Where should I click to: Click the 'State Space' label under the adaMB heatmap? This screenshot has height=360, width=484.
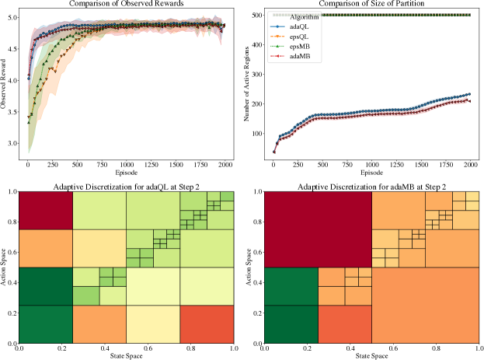(x=371, y=355)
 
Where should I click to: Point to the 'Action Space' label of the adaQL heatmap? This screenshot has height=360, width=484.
(x=6, y=267)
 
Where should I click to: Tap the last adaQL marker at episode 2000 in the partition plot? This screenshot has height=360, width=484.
(x=469, y=95)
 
